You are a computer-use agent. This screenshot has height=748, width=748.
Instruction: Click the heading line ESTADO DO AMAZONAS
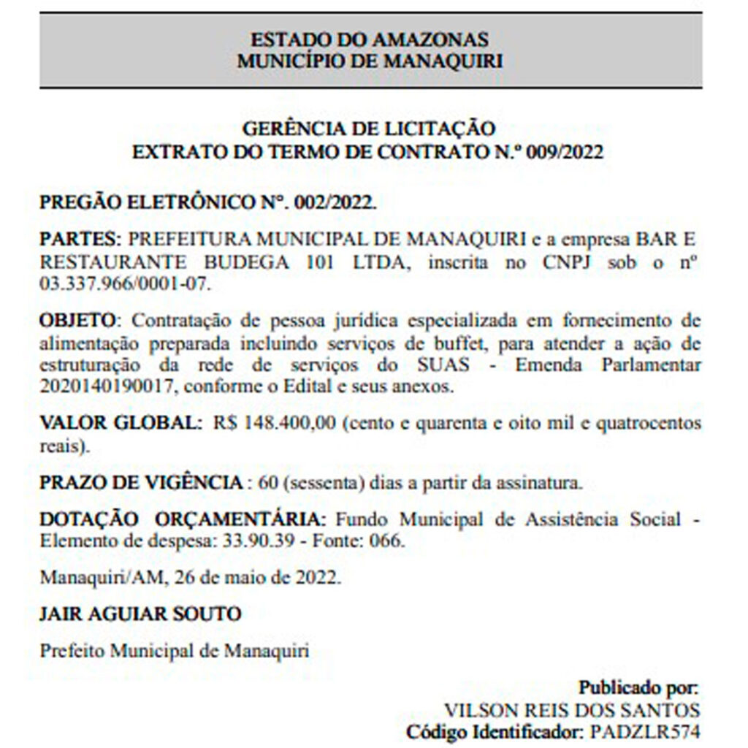(370, 39)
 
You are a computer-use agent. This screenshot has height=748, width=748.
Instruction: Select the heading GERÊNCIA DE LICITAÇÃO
(370, 129)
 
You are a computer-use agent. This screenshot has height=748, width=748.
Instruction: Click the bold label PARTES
(79, 240)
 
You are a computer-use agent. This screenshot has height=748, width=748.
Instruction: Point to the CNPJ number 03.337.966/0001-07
(124, 283)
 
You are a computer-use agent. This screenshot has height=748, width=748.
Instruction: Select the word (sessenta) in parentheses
(323, 483)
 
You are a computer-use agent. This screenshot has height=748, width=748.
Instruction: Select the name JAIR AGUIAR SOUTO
(140, 614)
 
